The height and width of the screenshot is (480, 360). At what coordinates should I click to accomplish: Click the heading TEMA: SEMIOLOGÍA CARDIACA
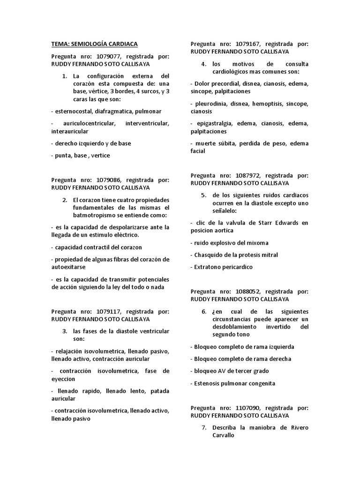click(x=94, y=44)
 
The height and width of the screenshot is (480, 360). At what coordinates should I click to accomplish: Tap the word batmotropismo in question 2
click(x=94, y=215)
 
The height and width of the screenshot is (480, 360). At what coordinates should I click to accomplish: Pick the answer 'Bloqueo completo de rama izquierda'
click(x=242, y=347)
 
